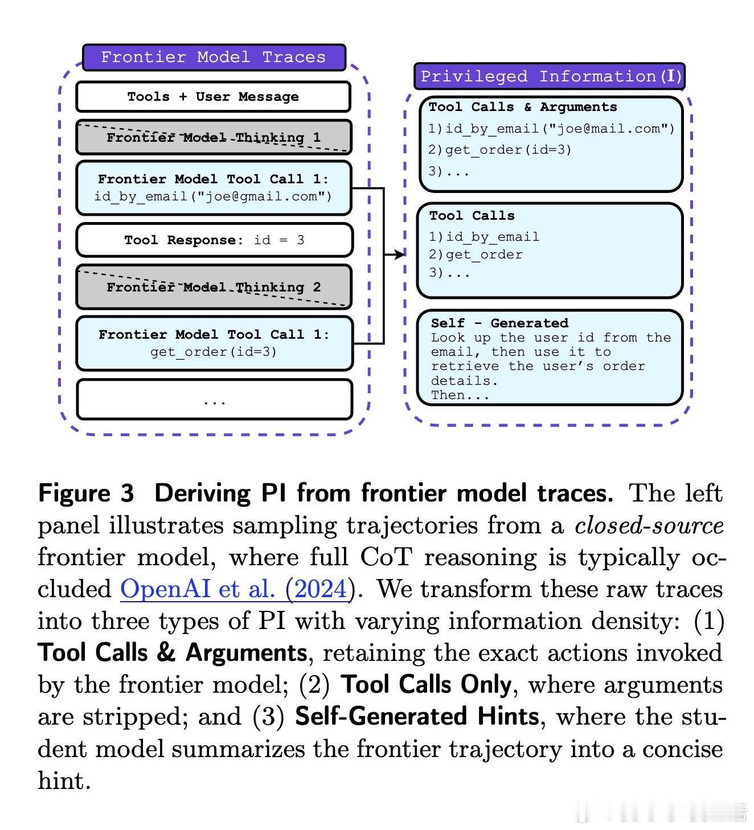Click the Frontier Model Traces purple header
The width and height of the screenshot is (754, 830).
214,57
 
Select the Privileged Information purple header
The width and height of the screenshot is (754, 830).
550,76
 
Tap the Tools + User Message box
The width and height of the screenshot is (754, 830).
213,97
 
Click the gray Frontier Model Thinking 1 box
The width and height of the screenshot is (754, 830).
214,137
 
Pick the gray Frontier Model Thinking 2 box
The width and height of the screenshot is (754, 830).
214,287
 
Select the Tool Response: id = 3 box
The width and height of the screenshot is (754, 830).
214,240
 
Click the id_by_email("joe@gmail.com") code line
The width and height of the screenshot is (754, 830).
213,197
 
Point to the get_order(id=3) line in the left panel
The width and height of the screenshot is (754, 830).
214,352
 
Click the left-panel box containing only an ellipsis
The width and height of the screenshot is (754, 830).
214,400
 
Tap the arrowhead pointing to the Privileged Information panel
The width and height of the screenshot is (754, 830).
400,254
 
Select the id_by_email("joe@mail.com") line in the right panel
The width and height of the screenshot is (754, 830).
551,129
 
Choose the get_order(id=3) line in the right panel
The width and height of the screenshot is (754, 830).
499,150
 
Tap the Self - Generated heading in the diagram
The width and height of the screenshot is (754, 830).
499,323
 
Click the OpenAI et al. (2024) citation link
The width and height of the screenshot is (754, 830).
233,589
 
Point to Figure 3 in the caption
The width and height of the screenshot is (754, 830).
86,493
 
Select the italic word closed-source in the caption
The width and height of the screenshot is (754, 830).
649,525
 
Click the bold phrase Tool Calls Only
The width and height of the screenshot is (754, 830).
425,685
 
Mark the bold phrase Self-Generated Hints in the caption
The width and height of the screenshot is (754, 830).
417,717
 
